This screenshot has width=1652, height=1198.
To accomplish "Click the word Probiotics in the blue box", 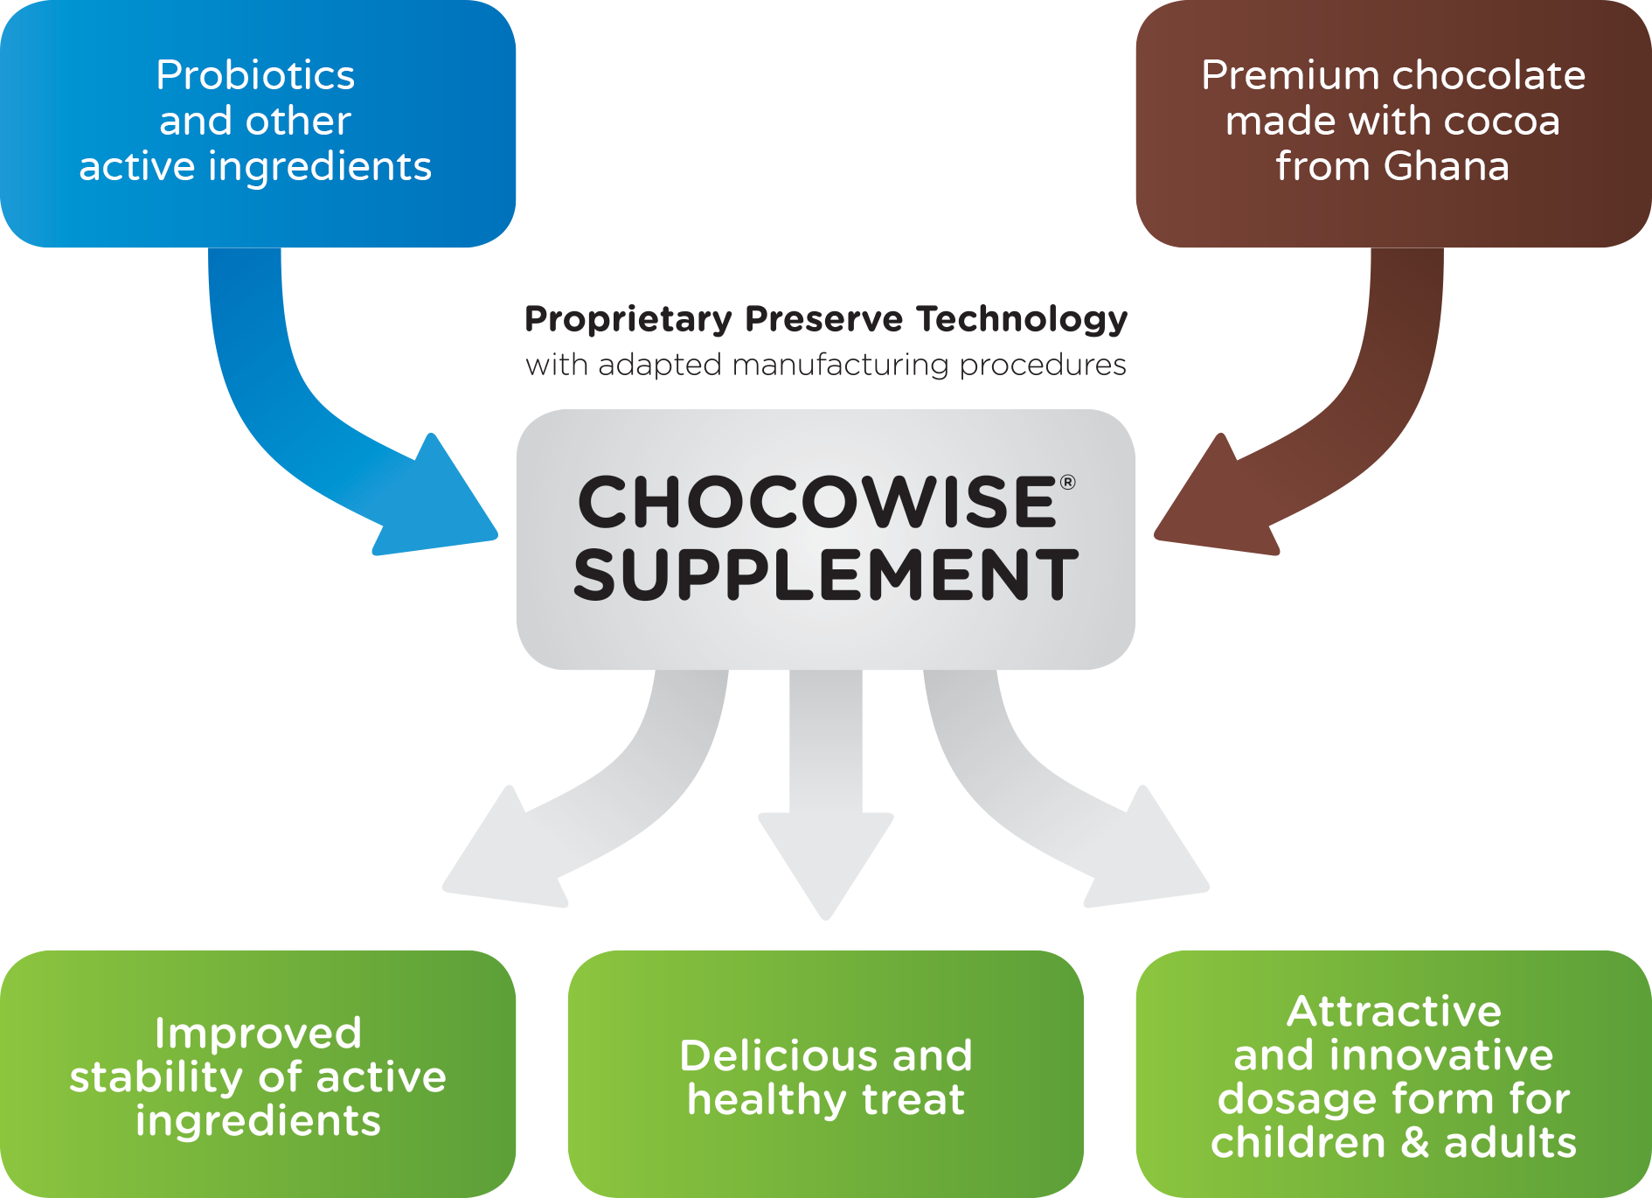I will [255, 75].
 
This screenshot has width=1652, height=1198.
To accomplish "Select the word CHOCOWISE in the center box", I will [817, 503].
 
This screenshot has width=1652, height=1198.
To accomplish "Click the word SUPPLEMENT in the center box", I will [825, 575].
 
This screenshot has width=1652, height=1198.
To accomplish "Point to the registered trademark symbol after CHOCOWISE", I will [1067, 482].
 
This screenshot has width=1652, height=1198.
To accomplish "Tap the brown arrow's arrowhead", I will [1215, 503].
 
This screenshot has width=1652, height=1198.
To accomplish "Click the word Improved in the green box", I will [258, 1034].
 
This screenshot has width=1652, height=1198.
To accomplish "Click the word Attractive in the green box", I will [1393, 1012].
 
